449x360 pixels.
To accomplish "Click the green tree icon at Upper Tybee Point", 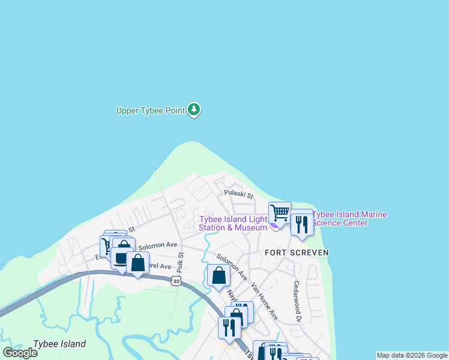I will coord(193,109).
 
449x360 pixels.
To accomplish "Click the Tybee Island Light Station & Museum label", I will coord(233,223).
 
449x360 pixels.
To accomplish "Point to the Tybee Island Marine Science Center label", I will coord(349,218).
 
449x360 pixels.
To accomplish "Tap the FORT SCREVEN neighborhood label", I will coord(297,253).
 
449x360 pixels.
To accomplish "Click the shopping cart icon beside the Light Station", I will coord(280,212).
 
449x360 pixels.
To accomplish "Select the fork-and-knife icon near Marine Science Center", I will coord(301,224).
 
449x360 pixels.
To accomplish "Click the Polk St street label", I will coord(179,262).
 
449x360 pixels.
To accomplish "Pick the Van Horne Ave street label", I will coord(265,301).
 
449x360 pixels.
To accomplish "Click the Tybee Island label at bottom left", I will coord(59,344).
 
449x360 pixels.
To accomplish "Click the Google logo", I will coord(20,352).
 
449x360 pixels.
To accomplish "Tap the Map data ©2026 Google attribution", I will coord(412,355).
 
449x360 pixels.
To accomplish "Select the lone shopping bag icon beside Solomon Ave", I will coord(218,275).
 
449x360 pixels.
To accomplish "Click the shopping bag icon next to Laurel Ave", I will coord(138,262).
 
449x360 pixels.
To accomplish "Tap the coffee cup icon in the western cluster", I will coord(121,257).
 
